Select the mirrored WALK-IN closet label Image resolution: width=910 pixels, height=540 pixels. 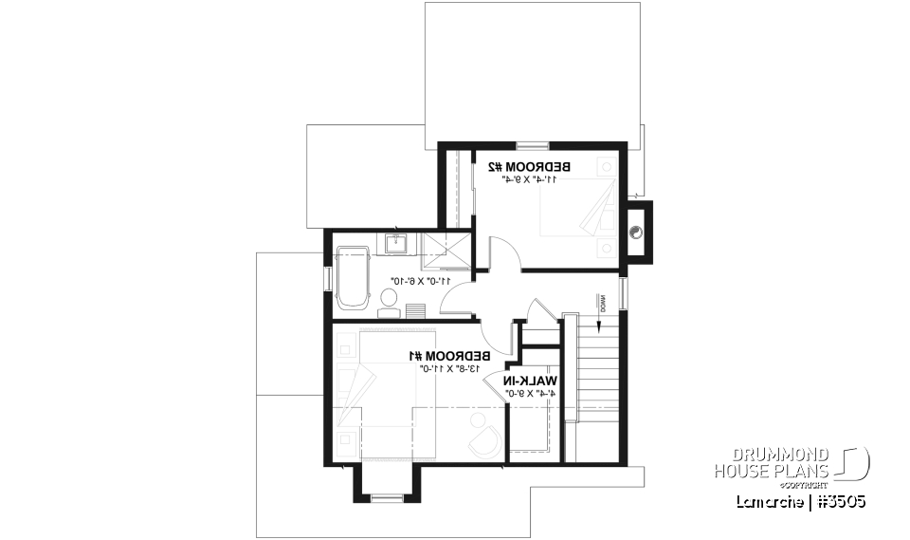(527, 381)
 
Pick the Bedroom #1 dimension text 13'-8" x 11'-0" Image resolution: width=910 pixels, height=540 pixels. (446, 368)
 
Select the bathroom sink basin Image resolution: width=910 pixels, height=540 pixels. (397, 245)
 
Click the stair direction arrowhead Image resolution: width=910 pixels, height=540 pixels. (600, 326)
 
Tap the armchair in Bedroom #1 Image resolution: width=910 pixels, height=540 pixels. (486, 438)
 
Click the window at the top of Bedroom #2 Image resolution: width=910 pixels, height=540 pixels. (532, 145)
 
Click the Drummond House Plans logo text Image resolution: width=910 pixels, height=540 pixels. (773, 462)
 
